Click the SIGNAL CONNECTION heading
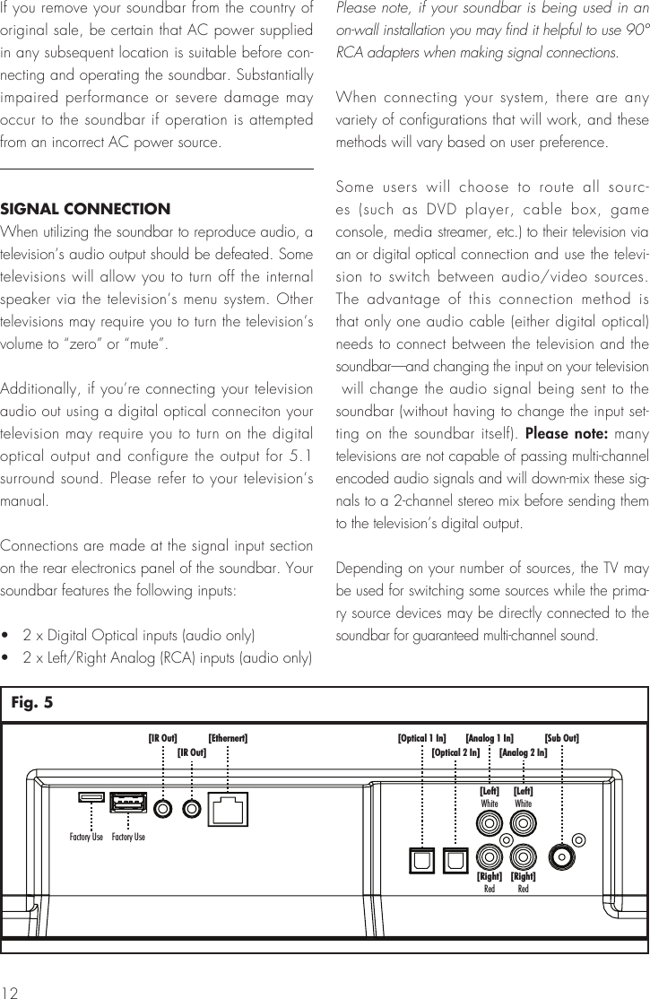coord(86,210)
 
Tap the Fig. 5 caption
coord(32,704)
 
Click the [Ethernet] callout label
coord(228,738)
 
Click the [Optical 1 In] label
coord(421,738)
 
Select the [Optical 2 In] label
coord(455,751)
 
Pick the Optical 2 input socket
coord(455,858)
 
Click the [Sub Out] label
coord(561,738)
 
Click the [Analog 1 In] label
coord(490,738)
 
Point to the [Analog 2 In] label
coord(523,751)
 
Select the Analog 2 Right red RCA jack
coord(524,856)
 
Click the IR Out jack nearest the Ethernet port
coord(191,808)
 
